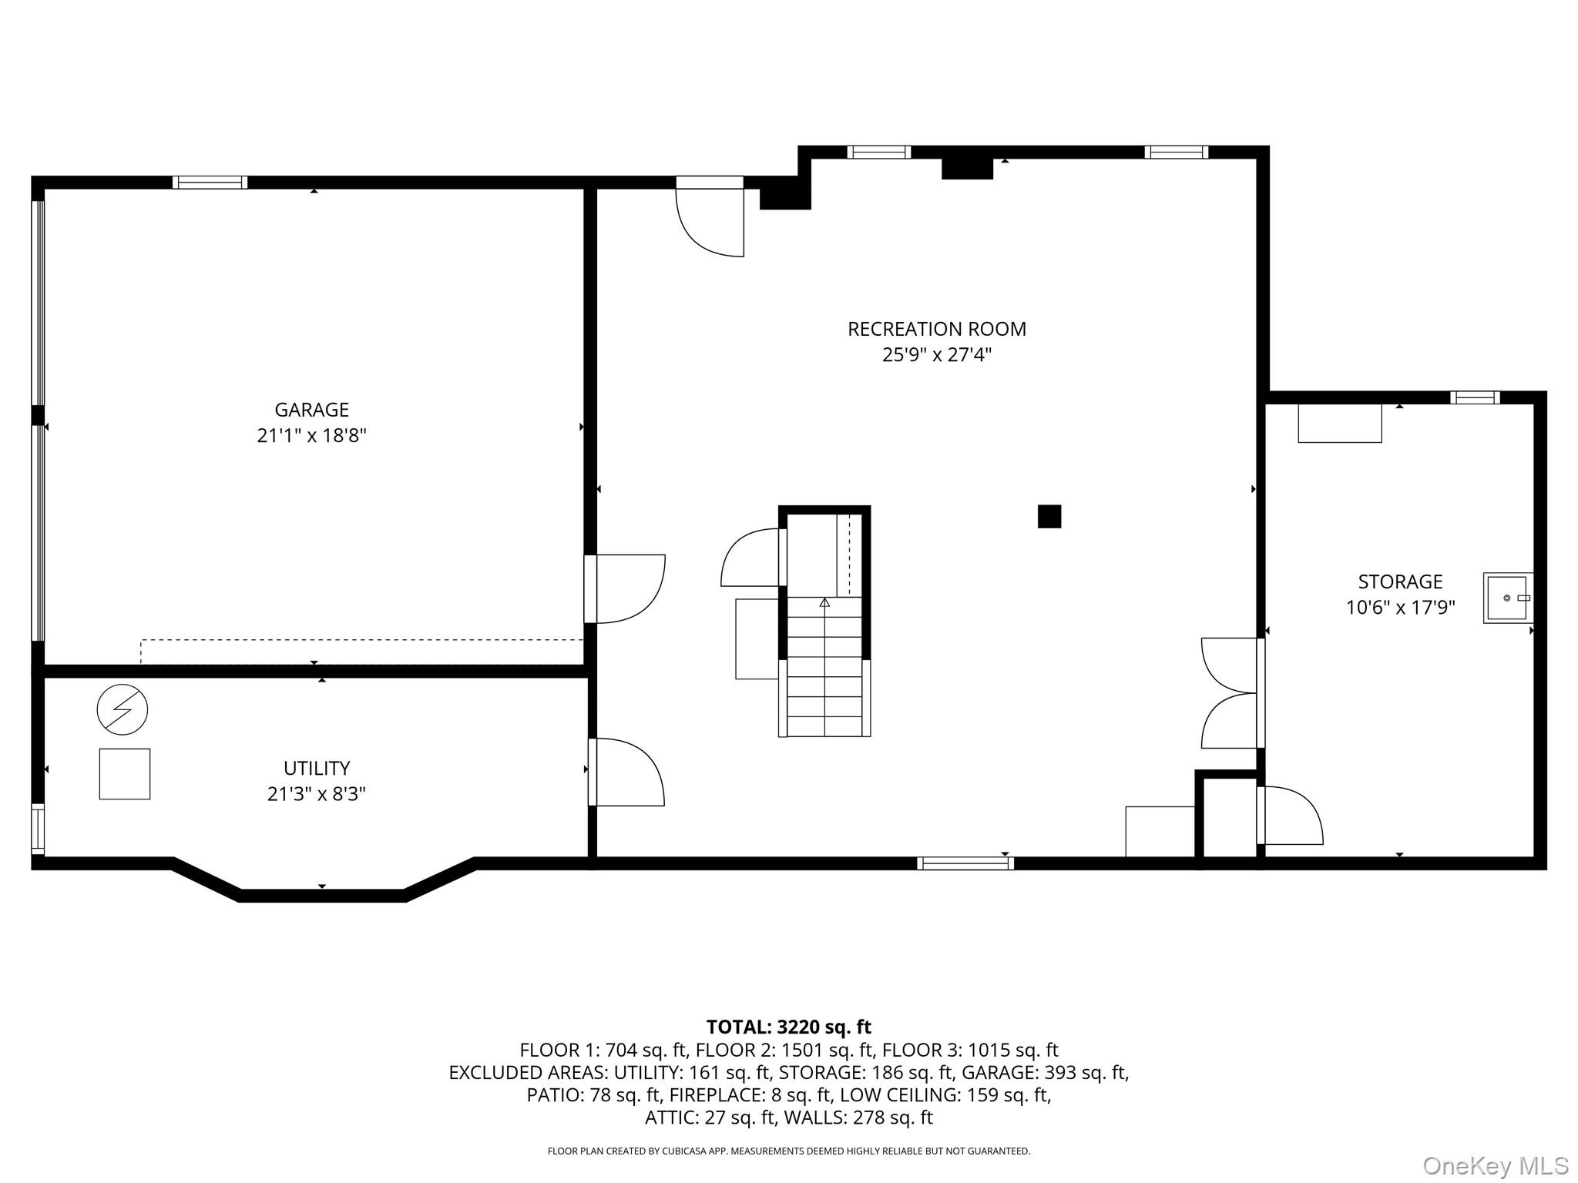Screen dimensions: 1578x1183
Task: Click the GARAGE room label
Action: pos(311,410)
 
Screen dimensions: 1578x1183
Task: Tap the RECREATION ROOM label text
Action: pos(937,329)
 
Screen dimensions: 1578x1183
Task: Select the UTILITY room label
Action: pos(317,768)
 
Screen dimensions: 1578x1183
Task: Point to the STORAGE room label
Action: pos(1400,581)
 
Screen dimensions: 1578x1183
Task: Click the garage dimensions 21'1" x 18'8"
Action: pos(311,436)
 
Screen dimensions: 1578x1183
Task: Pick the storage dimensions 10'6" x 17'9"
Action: pos(1400,608)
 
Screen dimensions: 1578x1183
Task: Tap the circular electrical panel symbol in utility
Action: pos(123,709)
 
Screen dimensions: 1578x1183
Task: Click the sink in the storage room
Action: pos(1508,598)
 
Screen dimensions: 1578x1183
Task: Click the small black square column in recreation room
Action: pos(1049,516)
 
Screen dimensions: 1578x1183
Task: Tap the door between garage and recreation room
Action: pos(625,588)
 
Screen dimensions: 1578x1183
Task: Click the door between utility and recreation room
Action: pos(626,772)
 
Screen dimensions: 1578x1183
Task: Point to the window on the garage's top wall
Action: pos(210,183)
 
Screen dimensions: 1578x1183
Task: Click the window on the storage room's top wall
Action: pos(1475,397)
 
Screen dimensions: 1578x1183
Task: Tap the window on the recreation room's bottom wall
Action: pos(965,863)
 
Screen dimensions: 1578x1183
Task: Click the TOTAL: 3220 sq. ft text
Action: pos(789,1027)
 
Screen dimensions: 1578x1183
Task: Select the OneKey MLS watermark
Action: pos(1496,1166)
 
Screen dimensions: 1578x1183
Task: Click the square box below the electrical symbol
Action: pos(125,774)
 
